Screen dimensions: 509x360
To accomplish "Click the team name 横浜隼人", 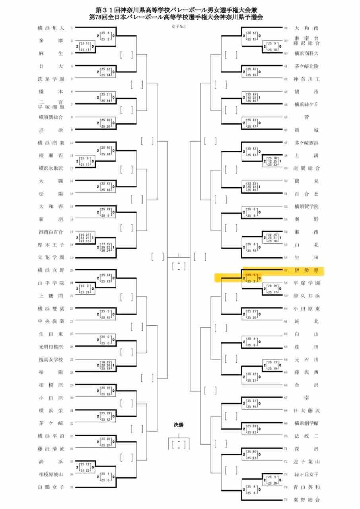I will coord(51,28).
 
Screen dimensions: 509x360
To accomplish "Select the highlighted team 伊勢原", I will coord(306,270).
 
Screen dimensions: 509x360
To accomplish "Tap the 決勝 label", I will coord(179,425).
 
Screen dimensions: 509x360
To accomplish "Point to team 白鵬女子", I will coord(51,487).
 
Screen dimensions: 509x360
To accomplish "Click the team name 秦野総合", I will coord(306,499).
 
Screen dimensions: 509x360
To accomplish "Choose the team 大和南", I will coord(306,28).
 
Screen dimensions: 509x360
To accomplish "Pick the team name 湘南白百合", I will coord(51,232).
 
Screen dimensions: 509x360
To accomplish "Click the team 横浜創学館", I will coord(306,423).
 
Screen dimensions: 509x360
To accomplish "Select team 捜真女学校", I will coord(51,359).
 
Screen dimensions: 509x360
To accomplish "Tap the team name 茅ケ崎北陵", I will coord(306,66).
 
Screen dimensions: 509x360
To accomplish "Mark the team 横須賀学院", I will coord(306,206).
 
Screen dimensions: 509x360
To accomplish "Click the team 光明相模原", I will coord(51,346).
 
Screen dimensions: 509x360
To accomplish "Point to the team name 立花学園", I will coord(51,257).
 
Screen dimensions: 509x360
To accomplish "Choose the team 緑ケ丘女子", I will coord(306,474).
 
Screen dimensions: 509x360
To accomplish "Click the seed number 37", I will coord(72,487).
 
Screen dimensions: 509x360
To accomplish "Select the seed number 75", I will coord(286,500).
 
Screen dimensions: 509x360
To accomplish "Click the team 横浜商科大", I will coord(306,53).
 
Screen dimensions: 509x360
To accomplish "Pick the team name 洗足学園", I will coord(51,79).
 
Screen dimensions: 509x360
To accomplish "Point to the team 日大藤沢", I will coord(306,410).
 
